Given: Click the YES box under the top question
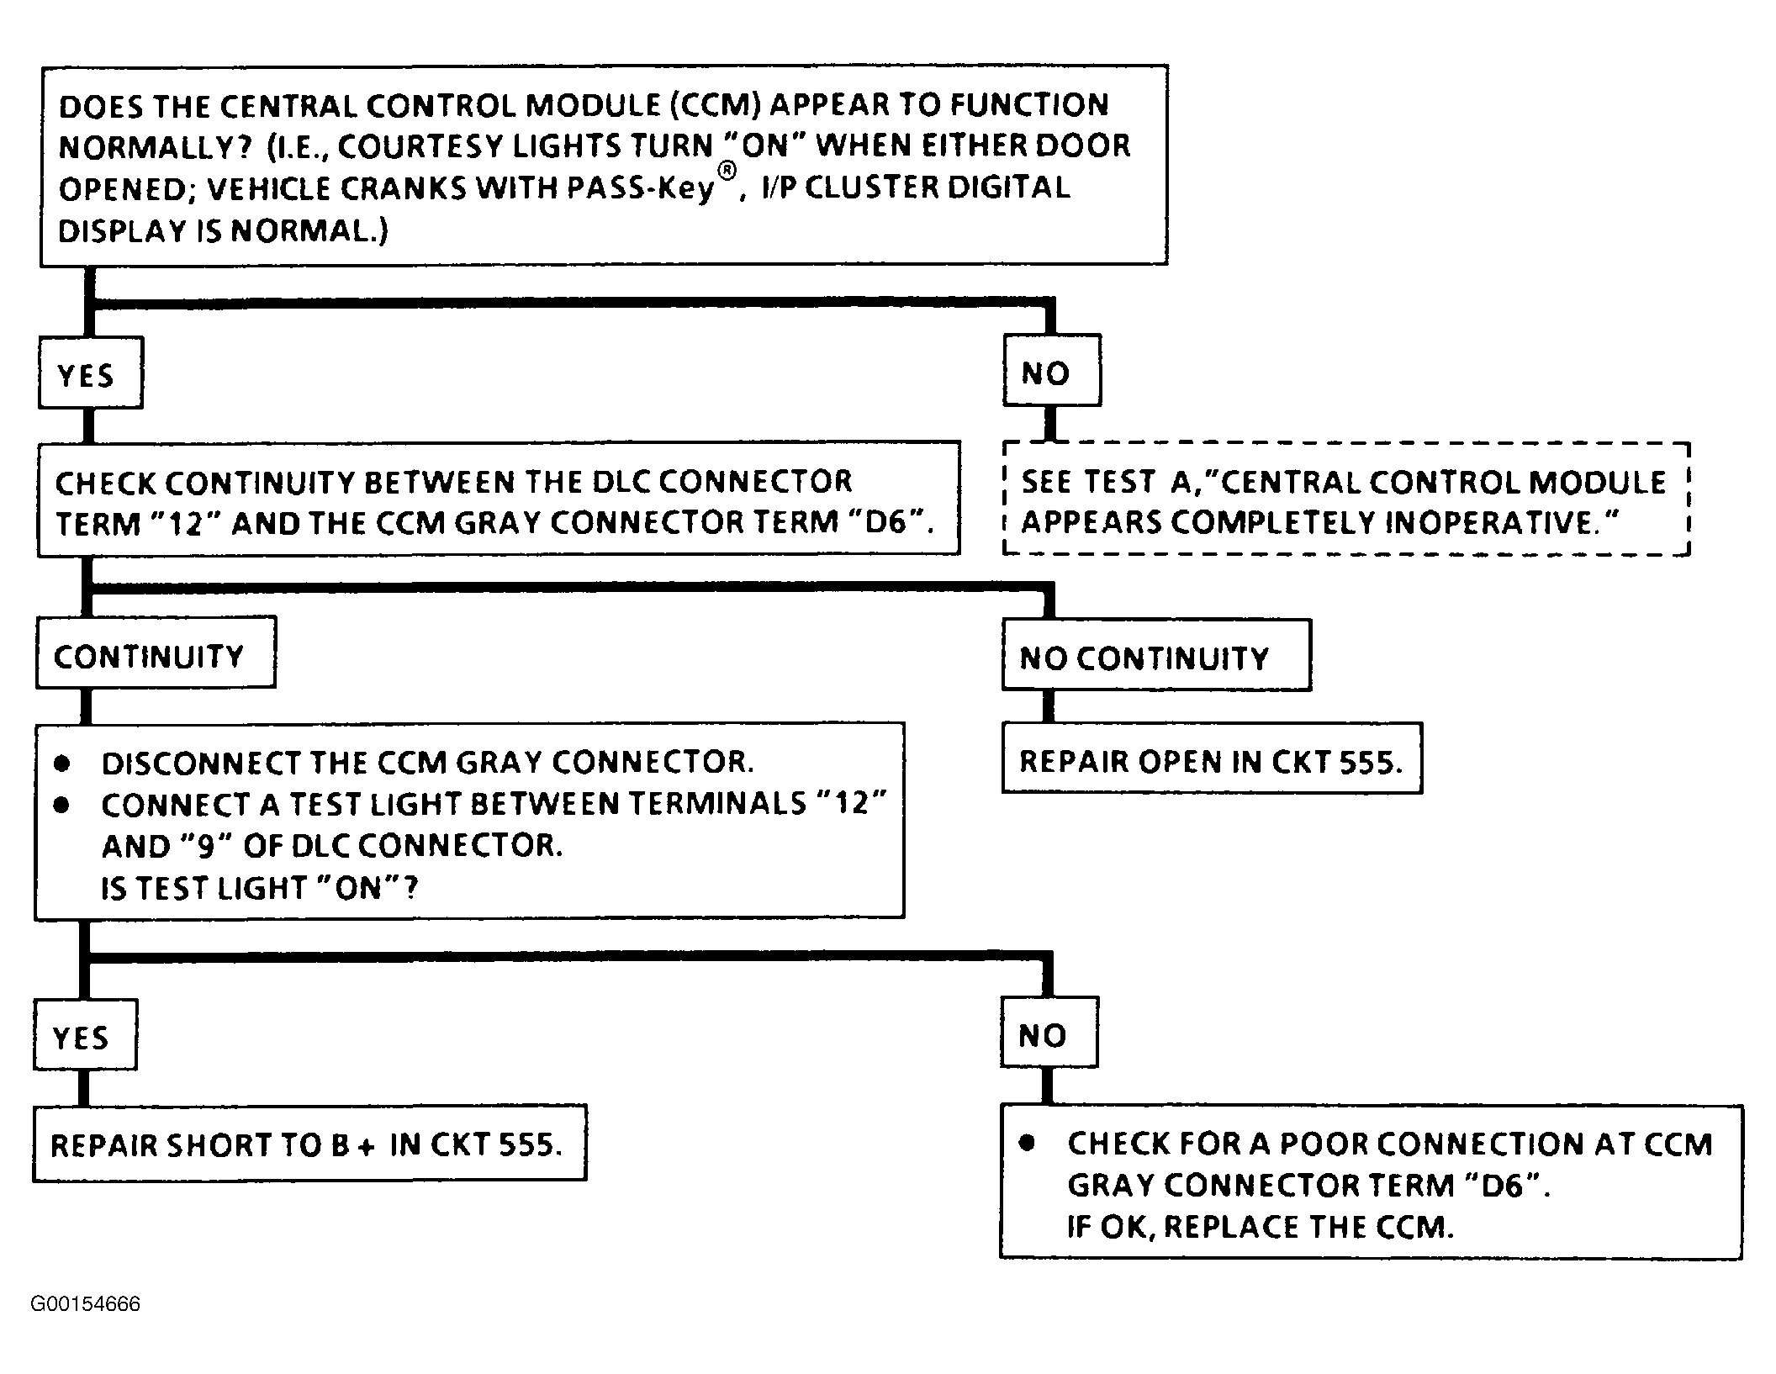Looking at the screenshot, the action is (x=91, y=373).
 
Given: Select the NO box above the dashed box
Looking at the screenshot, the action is (x=1052, y=370).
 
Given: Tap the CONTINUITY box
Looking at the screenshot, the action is (x=156, y=653).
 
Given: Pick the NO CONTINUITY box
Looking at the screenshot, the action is (x=1156, y=655).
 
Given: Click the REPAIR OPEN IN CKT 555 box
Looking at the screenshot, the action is (x=1212, y=758).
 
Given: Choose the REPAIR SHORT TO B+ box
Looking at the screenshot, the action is (x=309, y=1143).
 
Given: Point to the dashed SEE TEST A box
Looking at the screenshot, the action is (x=1346, y=499).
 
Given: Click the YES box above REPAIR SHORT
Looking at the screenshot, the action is (x=85, y=1034).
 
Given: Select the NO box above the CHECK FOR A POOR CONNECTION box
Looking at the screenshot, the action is (x=1049, y=1033).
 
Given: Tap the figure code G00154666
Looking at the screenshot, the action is (x=86, y=1304).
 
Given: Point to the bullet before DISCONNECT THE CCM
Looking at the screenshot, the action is (x=61, y=764).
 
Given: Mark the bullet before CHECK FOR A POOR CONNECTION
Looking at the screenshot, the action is (x=1027, y=1144).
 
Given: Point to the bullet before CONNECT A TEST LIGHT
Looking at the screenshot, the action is (x=61, y=805).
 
